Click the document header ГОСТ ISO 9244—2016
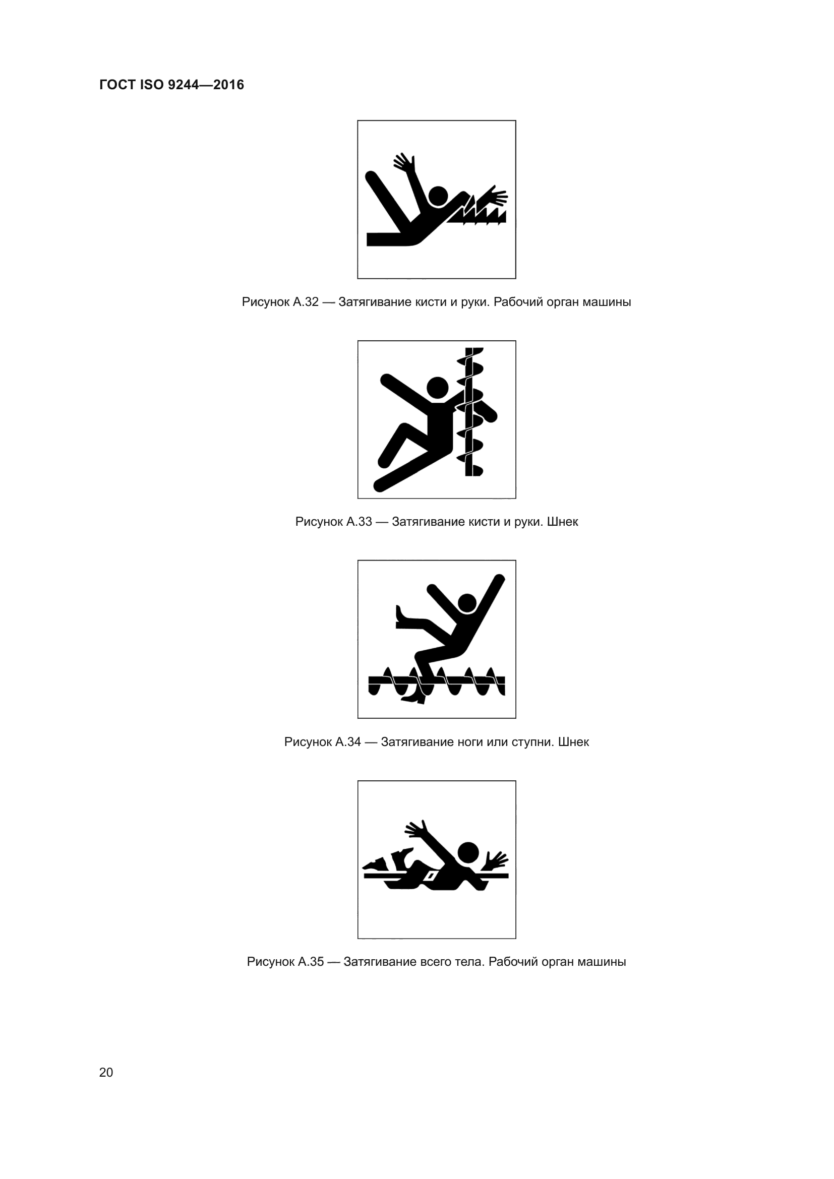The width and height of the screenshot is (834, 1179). coord(171,85)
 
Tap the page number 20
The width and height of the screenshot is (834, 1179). coord(106,1072)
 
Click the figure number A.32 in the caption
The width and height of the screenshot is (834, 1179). coord(306,302)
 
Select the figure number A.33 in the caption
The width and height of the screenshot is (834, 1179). coord(359,522)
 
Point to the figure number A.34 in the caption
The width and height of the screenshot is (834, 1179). coord(348,742)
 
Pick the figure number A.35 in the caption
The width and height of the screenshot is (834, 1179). coord(311,962)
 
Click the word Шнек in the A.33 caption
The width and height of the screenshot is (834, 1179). coord(562,522)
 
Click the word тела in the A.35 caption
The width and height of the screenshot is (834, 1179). coord(470,962)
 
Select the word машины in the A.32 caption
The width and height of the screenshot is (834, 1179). coord(607,302)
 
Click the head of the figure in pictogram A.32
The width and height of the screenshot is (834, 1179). coord(438,196)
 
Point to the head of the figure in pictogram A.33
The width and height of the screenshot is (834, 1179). coord(438,388)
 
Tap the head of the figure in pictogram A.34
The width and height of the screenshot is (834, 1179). coord(467,604)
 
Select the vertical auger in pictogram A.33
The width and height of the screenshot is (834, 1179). coord(470,412)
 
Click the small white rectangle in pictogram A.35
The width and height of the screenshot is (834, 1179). coord(432,875)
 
